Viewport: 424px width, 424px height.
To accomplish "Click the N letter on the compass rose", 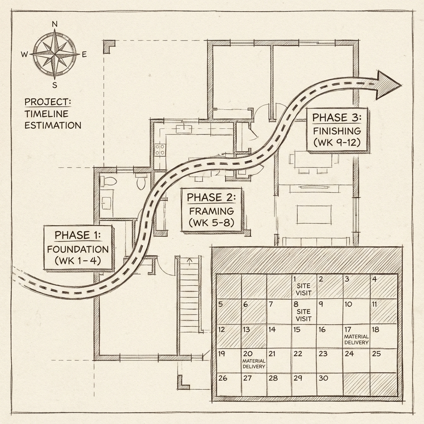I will click(x=55, y=24).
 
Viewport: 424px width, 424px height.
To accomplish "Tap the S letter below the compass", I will click(x=55, y=85).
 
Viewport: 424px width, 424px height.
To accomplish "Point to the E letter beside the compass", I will click(x=84, y=55).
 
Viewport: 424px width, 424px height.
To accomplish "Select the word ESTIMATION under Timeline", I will click(x=53, y=125).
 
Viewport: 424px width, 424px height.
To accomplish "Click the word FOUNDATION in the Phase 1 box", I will click(x=77, y=250).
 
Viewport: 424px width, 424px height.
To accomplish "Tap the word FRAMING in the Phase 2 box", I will click(x=211, y=210).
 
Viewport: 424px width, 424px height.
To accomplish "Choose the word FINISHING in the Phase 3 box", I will click(x=337, y=131).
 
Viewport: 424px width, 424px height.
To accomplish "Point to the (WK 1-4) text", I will click(x=77, y=262).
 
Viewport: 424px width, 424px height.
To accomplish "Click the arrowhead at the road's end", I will click(x=388, y=84).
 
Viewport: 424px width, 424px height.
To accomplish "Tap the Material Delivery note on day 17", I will click(x=356, y=340).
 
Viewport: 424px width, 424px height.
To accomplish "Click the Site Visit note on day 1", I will click(x=304, y=289).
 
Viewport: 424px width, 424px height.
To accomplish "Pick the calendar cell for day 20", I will click(x=253, y=360).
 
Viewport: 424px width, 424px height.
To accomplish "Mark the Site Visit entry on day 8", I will click(x=304, y=315).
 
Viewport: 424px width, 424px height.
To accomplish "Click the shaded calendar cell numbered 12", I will click(x=228, y=336).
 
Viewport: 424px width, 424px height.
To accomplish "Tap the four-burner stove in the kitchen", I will click(x=160, y=149).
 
